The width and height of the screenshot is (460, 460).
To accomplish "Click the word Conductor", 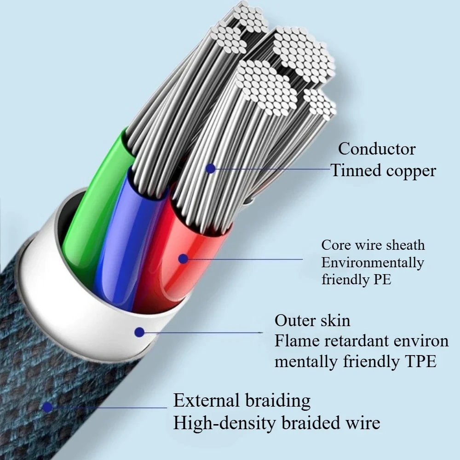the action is (377, 149).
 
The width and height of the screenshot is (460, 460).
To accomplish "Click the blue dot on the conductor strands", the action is (210, 169).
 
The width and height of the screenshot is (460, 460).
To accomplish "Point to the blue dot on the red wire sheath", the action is (183, 259).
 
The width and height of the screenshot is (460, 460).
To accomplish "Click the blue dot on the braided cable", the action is (46, 407).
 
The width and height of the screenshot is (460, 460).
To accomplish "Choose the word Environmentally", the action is (373, 263).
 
